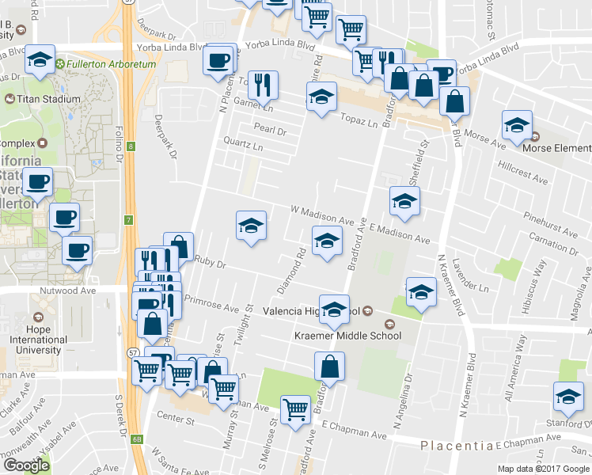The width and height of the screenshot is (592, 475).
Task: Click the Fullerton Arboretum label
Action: pyautogui.click(x=108, y=63)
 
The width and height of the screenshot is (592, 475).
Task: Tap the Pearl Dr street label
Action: pyautogui.click(x=269, y=127)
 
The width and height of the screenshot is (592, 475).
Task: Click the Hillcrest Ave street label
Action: pyautogui.click(x=523, y=174)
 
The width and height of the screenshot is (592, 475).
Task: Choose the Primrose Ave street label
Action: pyautogui.click(x=211, y=304)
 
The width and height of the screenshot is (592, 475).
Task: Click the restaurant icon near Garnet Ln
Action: pyautogui.click(x=263, y=84)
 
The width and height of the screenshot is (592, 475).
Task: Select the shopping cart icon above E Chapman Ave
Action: pyautogui.click(x=296, y=409)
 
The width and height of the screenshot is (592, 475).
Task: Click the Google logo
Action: pyautogui.click(x=26, y=465)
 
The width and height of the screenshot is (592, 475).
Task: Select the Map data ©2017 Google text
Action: pyautogui.click(x=543, y=469)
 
